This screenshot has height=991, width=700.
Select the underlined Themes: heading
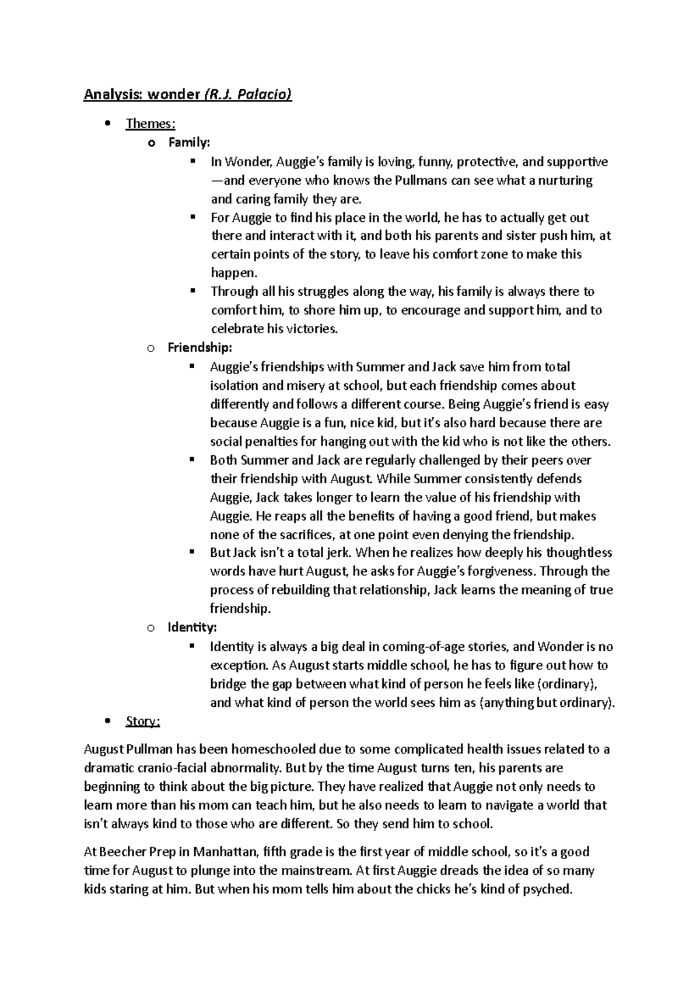tap(150, 124)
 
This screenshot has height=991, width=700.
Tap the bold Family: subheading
tap(189, 142)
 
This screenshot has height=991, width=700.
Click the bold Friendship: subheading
tap(199, 348)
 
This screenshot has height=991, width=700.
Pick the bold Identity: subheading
tap(192, 627)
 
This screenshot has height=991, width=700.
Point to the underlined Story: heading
tap(142, 721)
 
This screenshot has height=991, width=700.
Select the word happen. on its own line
tap(233, 273)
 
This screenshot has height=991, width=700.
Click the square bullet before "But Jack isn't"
tap(191, 552)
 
